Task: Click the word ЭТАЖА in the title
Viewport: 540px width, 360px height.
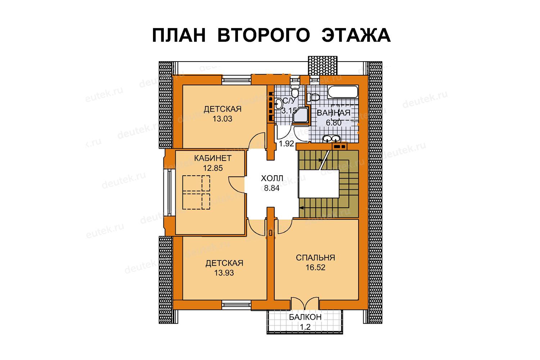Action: [356, 35]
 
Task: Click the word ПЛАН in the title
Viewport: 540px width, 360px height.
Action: [179, 35]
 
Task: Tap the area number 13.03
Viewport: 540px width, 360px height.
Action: [222, 119]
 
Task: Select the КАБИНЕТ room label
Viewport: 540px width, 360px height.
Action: [213, 158]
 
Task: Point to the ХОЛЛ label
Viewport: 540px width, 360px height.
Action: [272, 179]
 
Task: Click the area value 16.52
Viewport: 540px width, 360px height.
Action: [315, 267]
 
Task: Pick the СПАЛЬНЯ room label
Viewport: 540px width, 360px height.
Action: [315, 258]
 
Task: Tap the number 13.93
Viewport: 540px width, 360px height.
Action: [224, 273]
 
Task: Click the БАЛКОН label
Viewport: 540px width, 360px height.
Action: [305, 317]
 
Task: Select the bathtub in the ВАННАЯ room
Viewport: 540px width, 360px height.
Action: [343, 92]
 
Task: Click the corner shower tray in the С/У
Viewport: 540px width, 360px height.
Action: [300, 115]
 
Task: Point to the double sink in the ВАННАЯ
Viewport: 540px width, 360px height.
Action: [332, 139]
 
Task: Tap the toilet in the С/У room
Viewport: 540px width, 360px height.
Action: [294, 90]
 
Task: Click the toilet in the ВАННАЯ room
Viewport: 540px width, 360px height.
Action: [313, 97]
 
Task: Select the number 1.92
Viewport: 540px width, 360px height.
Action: [287, 144]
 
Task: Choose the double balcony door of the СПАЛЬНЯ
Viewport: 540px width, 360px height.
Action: [305, 304]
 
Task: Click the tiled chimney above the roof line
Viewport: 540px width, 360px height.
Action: [323, 66]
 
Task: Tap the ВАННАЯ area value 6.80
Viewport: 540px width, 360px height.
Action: [334, 123]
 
